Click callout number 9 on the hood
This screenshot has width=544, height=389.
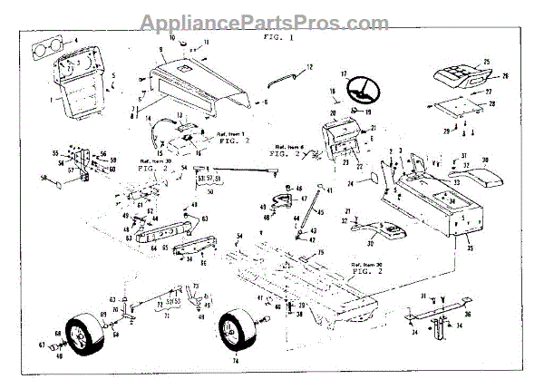tap(160, 49)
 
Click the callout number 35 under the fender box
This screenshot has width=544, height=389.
tap(492, 245)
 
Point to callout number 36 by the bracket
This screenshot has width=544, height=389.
tap(468, 315)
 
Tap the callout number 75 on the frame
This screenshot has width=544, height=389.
tap(319, 251)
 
